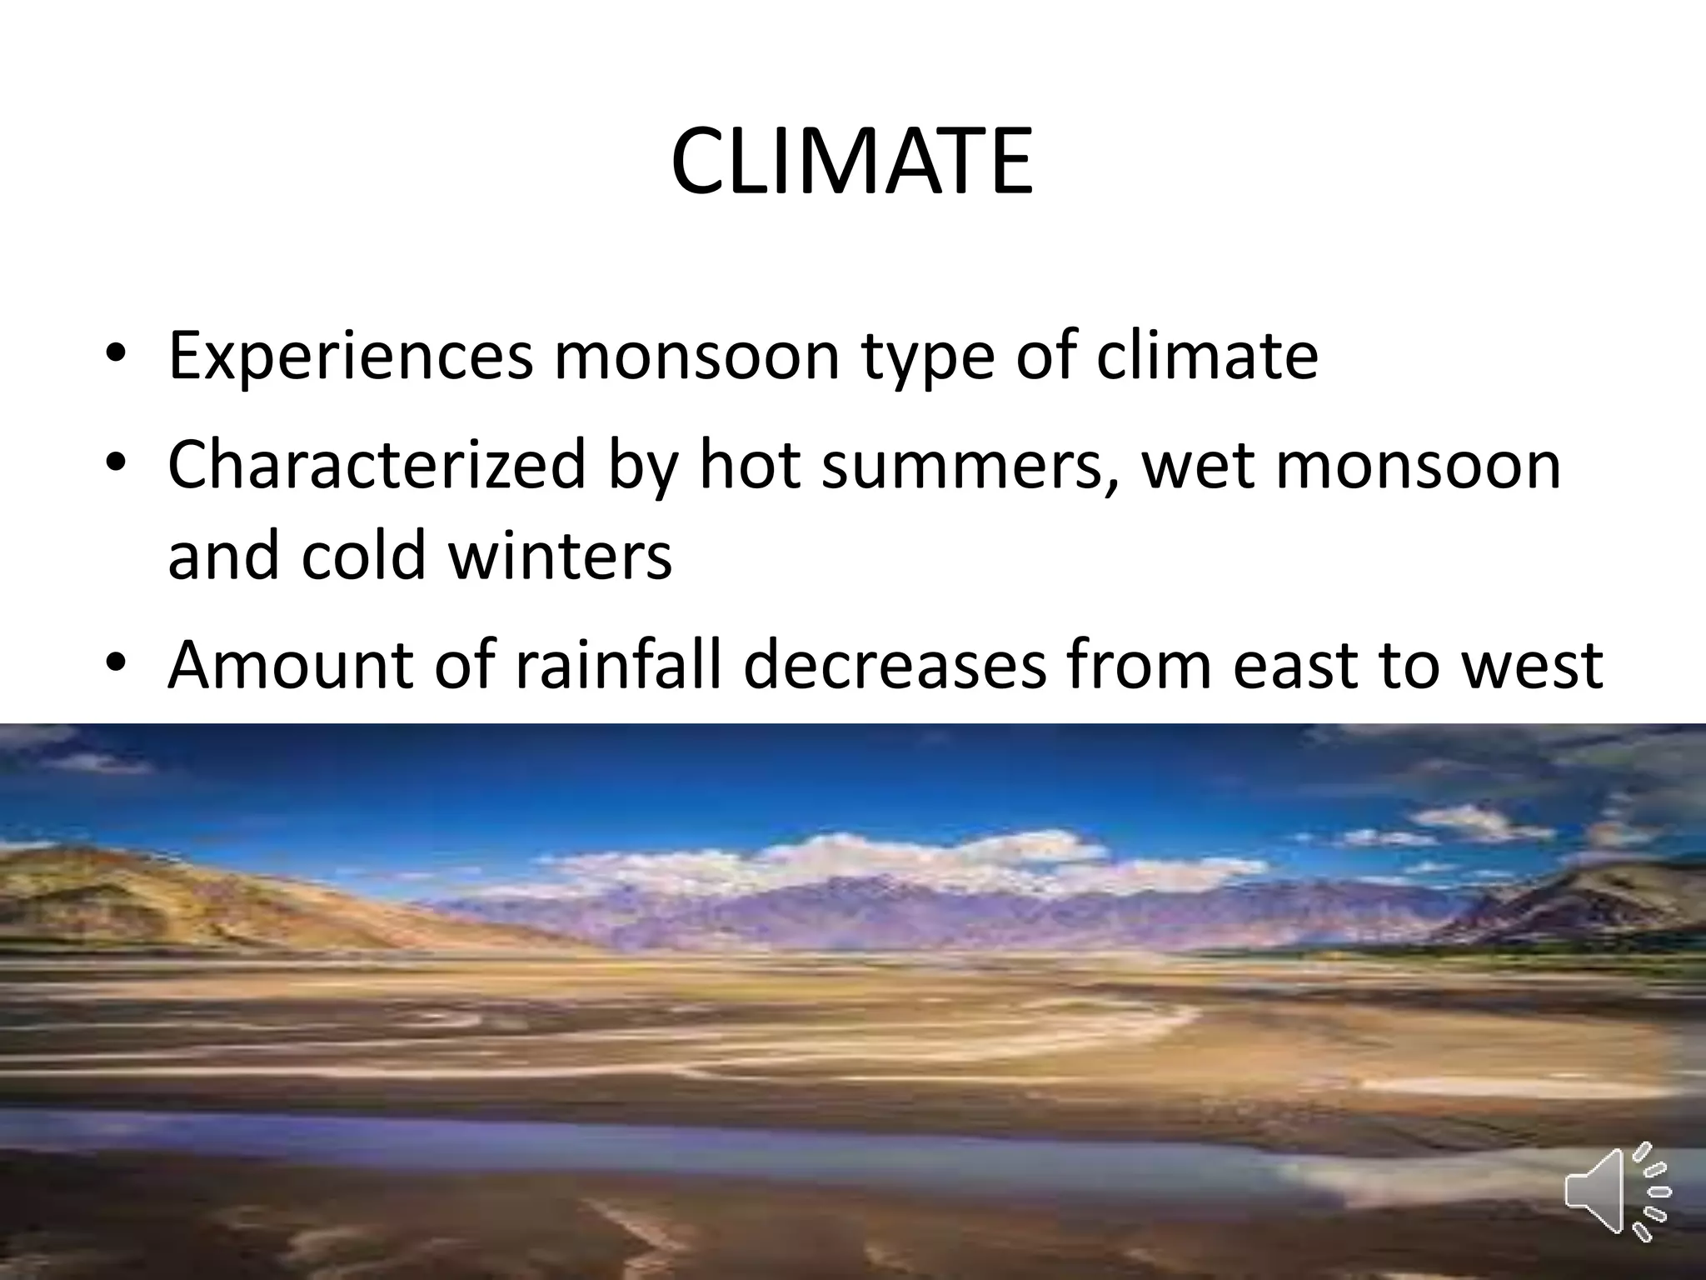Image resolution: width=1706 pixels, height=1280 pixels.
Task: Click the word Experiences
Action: pyautogui.click(x=350, y=356)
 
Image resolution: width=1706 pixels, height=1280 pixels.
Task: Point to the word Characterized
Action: pyautogui.click(x=377, y=465)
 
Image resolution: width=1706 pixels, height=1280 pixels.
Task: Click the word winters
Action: pyautogui.click(x=560, y=556)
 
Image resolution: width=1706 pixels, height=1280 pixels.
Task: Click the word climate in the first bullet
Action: pyautogui.click(x=1207, y=356)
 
